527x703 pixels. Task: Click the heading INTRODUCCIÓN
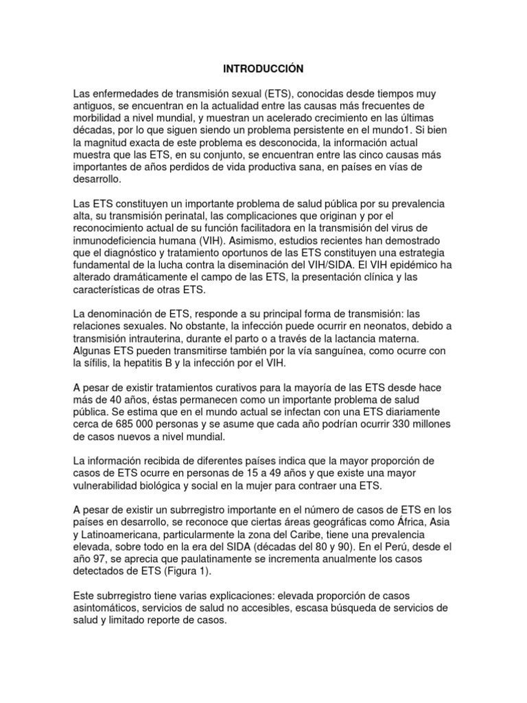[x=263, y=69]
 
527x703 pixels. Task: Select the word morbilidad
[x=100, y=117]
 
